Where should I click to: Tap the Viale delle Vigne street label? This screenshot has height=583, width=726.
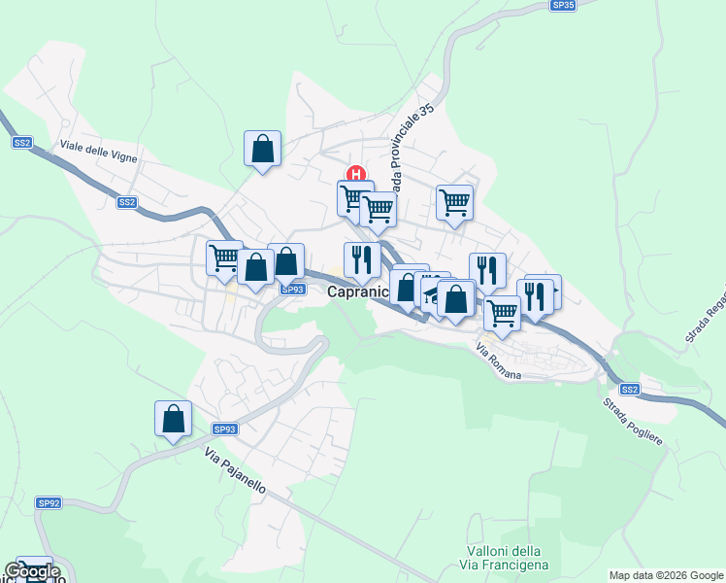(98, 151)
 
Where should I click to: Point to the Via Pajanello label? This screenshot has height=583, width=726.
(235, 470)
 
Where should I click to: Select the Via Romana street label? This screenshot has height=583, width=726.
(499, 360)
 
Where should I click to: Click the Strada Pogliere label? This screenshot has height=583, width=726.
(632, 421)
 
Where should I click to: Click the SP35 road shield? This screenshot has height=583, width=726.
(563, 5)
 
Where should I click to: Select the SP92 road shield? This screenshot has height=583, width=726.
(49, 502)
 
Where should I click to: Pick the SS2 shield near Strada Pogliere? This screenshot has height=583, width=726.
(630, 390)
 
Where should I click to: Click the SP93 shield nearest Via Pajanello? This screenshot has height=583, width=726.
(224, 429)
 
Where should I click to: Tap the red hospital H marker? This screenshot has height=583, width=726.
(356, 175)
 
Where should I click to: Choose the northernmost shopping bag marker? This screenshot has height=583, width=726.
(262, 150)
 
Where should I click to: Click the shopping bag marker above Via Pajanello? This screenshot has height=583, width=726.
(173, 420)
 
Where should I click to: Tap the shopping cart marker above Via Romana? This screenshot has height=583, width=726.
(501, 313)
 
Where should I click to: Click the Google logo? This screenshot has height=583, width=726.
(32, 571)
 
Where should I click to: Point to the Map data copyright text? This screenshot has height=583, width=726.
(666, 575)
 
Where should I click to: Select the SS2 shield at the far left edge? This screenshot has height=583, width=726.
(22, 143)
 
